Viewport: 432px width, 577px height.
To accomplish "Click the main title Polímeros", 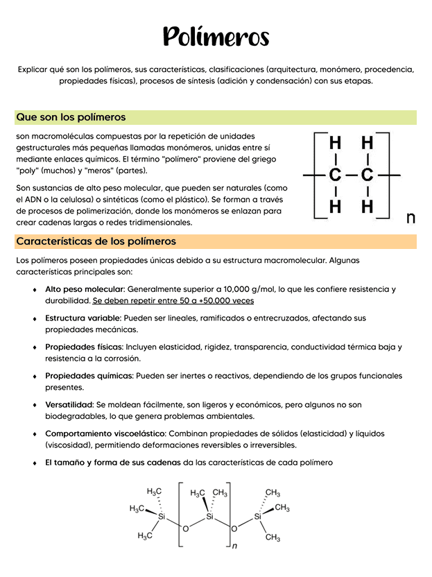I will coord(216,37).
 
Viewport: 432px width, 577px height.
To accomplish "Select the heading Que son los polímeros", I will coord(71,117).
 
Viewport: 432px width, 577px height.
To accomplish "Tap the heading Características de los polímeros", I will coord(96,241).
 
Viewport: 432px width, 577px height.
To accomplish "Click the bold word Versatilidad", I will coord(69,404).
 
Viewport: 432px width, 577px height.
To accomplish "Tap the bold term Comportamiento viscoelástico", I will coord(106,433).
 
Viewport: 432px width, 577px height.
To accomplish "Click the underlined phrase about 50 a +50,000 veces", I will coord(173,301).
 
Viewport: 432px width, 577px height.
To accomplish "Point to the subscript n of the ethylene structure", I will coord(411,218).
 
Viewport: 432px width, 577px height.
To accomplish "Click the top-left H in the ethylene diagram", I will coord(335,143).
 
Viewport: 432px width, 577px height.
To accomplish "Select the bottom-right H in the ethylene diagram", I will coord(367,207).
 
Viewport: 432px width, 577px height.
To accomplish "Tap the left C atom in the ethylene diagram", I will coord(335,175).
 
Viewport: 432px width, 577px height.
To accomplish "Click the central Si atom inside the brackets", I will coord(210,517).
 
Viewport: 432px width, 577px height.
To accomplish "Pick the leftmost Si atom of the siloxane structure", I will coord(162,517).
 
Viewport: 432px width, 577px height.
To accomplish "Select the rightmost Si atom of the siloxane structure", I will coord(257,517).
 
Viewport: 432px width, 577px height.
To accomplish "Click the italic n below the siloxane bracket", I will coord(234,546).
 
